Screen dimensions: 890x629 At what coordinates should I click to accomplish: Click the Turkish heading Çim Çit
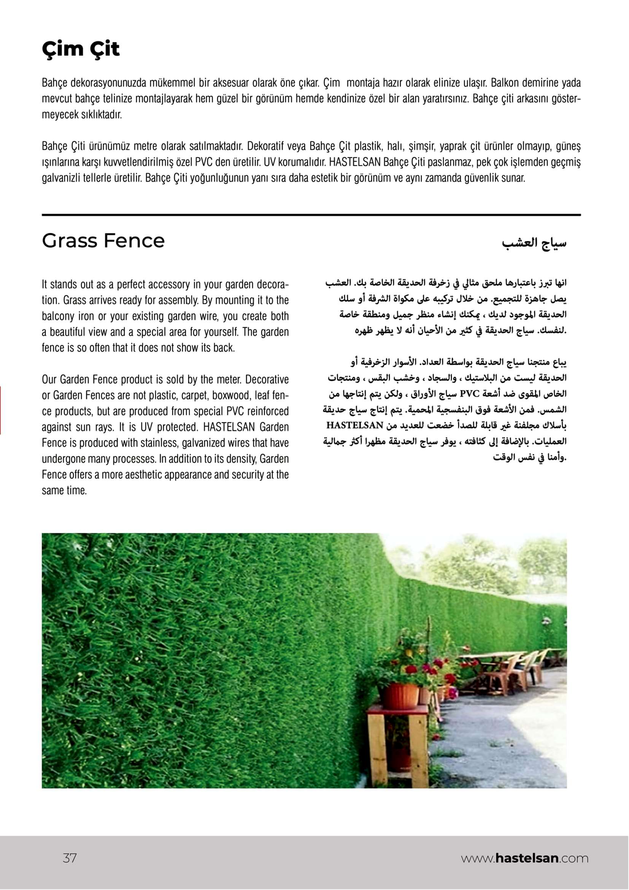(x=81, y=50)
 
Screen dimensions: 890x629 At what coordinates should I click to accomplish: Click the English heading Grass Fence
(x=103, y=241)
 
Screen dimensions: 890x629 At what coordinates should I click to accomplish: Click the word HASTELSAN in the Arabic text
(x=354, y=426)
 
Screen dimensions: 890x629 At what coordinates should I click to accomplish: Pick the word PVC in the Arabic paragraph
(x=470, y=394)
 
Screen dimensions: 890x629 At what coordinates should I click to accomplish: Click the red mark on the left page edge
(x=1, y=410)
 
